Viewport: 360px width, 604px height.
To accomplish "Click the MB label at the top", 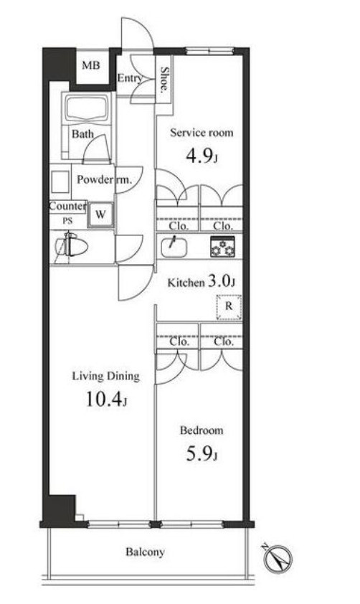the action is pyautogui.click(x=91, y=65).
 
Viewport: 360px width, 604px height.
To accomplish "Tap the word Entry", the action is pyautogui.click(x=130, y=78).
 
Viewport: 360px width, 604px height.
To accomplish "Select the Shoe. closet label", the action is pyautogui.click(x=164, y=80).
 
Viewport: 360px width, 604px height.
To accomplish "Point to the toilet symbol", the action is pyautogui.click(x=72, y=247).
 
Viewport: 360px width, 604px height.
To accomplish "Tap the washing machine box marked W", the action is pyautogui.click(x=100, y=215).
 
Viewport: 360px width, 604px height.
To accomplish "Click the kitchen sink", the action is pyautogui.click(x=174, y=246).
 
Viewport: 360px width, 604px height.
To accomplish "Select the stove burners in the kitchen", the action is pyautogui.click(x=222, y=247).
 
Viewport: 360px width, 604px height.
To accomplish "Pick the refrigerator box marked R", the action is pyautogui.click(x=229, y=307).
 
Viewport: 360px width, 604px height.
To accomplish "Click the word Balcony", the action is pyautogui.click(x=145, y=552).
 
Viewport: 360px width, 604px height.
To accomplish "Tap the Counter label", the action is pyautogui.click(x=67, y=206).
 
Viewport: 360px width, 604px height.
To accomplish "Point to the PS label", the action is pyautogui.click(x=67, y=221).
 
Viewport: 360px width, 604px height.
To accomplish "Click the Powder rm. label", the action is pyautogui.click(x=104, y=179).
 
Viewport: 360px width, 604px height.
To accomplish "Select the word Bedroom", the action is pyautogui.click(x=202, y=430).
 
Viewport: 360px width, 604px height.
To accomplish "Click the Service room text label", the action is pyautogui.click(x=202, y=133).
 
